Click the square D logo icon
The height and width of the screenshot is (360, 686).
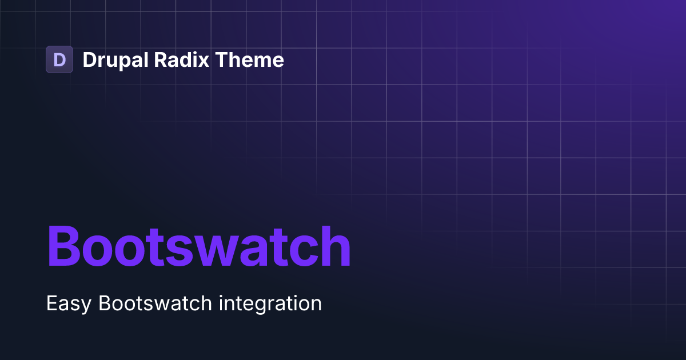pos(59,59)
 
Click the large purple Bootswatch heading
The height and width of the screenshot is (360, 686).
pos(198,246)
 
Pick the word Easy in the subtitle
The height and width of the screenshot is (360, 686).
pos(69,303)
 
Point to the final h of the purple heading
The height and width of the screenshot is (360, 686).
pos(334,246)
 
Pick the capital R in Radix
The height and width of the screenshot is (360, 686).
pos(161,60)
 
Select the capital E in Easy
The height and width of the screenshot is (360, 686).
pos(51,303)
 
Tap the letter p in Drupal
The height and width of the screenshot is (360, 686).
pos(124,62)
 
